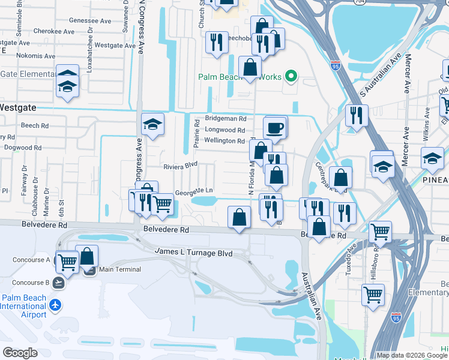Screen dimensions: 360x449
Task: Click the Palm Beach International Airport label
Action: [25, 306]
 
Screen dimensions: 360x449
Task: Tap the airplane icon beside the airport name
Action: [55, 305]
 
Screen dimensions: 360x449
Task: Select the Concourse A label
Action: [31, 260]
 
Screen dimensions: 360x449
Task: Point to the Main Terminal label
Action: [120, 269]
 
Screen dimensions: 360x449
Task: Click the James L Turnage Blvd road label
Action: [193, 253]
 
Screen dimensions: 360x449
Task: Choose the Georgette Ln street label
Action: [194, 193]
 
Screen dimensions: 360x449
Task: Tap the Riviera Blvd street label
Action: [180, 165]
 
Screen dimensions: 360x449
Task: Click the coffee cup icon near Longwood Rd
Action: [276, 127]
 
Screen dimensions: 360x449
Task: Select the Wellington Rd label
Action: [224, 141]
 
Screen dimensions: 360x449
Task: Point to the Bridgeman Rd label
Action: [226, 119]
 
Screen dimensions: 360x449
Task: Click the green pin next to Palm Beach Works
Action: [291, 76]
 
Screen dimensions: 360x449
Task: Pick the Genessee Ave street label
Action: [91, 20]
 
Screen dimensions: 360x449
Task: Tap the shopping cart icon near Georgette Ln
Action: [162, 204]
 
